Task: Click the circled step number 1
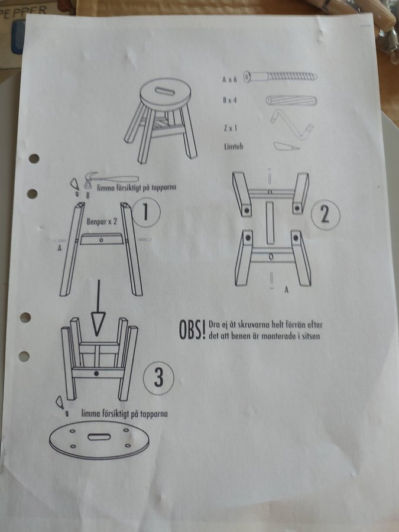tap(146, 213)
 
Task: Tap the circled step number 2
tap(325, 215)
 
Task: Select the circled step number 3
tap(158, 378)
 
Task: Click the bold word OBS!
tap(192, 329)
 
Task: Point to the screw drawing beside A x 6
tap(280, 77)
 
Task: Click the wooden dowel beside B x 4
tap(291, 100)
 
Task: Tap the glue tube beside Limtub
tap(286, 146)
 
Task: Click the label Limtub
tap(233, 147)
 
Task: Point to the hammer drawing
tap(111, 179)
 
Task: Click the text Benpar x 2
tap(102, 222)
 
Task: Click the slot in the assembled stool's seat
tap(165, 91)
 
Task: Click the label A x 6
tap(229, 79)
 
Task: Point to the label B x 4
tap(230, 100)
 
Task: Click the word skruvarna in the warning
tap(252, 325)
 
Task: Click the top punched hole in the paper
tap(34, 158)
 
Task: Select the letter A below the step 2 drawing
tap(287, 290)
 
